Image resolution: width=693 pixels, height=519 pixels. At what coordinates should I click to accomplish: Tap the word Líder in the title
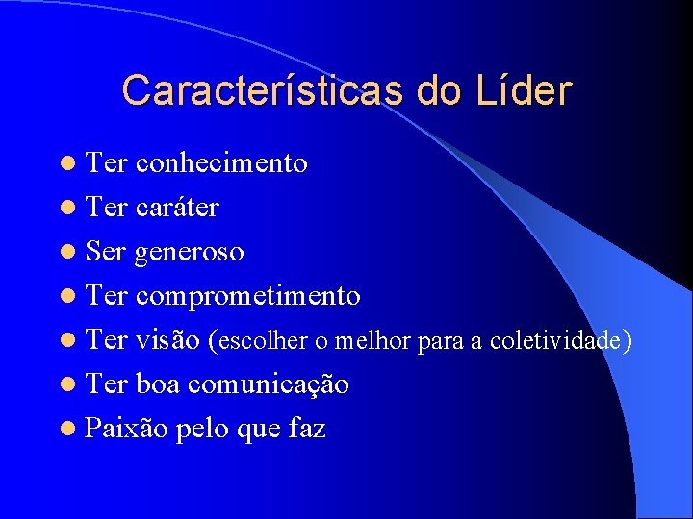tap(523, 90)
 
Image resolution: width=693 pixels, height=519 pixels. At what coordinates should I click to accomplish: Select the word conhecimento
tap(221, 163)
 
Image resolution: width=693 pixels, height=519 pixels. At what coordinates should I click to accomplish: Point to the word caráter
tap(177, 208)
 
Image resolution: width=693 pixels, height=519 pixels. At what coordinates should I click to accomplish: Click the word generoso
tap(189, 252)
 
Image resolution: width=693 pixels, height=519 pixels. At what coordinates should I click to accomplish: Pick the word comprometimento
tap(247, 296)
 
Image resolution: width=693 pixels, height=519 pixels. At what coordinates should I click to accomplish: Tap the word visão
tap(167, 340)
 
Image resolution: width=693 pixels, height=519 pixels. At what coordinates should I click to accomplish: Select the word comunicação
tap(269, 384)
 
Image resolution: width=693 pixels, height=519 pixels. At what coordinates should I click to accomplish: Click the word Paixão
tap(126, 429)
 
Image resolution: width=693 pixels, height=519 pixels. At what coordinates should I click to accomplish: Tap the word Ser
tap(106, 252)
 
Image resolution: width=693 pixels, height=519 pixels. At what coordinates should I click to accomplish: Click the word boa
tap(159, 384)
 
